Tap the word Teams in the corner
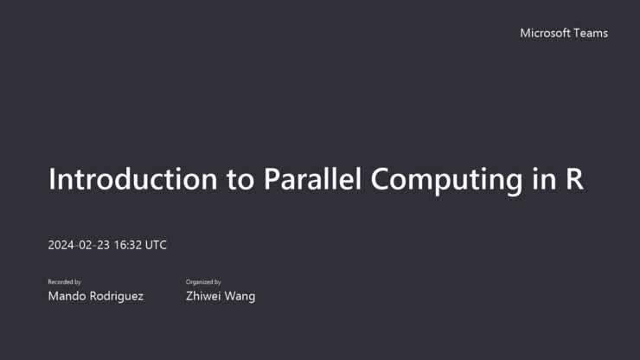pos(592,33)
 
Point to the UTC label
pos(156,245)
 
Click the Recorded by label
pos(65,282)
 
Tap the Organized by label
pos(203,282)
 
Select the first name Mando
pos(67,296)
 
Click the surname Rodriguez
pos(117,296)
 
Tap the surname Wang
pos(241,296)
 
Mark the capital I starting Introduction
pos(52,179)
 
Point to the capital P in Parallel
pos(272,179)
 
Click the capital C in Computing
pos(382,179)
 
